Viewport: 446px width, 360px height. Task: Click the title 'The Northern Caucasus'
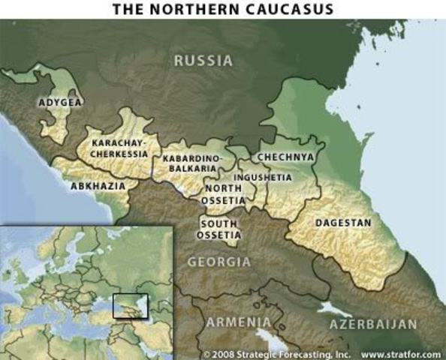[x=223, y=9]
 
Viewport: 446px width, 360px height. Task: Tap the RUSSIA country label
[x=203, y=61]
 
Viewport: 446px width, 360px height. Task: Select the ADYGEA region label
[x=60, y=102]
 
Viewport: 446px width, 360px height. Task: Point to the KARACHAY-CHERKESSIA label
[x=119, y=148]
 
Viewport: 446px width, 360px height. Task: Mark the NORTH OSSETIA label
[x=224, y=195]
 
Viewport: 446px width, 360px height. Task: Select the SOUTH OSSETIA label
[x=218, y=229]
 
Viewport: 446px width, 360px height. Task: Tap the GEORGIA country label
[x=218, y=262]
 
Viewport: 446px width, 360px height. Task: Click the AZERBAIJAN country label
[x=372, y=324]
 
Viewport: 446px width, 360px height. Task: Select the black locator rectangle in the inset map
[x=130, y=306]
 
